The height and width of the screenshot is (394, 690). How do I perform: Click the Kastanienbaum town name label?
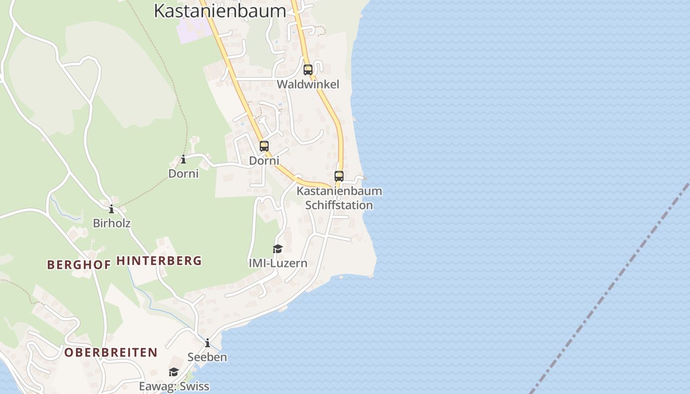tap(220, 11)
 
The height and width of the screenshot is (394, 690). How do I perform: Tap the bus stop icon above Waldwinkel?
tap(308, 70)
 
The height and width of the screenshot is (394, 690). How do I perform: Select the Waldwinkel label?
tap(308, 84)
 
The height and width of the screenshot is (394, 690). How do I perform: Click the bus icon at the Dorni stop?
tap(264, 146)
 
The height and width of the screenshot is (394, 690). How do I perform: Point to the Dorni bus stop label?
tap(264, 161)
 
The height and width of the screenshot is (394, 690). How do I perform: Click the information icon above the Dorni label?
tap(183, 159)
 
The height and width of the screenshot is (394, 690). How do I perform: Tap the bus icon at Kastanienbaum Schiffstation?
tap(339, 176)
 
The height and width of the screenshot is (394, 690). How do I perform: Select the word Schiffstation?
tap(339, 205)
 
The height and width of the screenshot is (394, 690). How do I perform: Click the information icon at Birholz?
tap(111, 209)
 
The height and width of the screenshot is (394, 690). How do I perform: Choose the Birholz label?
tap(112, 223)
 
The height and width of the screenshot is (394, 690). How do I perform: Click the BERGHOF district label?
tap(79, 264)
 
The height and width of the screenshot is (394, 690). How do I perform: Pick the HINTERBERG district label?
tap(159, 261)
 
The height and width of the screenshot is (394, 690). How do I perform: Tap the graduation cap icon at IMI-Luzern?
tap(277, 249)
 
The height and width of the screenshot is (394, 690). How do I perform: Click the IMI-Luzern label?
tap(278, 263)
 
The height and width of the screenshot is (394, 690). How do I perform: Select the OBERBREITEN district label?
tap(111, 353)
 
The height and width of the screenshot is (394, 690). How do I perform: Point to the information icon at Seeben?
tap(207, 343)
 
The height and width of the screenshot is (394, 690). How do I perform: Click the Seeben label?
tap(207, 357)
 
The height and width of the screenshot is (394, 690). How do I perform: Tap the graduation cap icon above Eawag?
tap(173, 372)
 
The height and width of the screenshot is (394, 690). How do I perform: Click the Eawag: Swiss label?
tap(174, 386)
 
